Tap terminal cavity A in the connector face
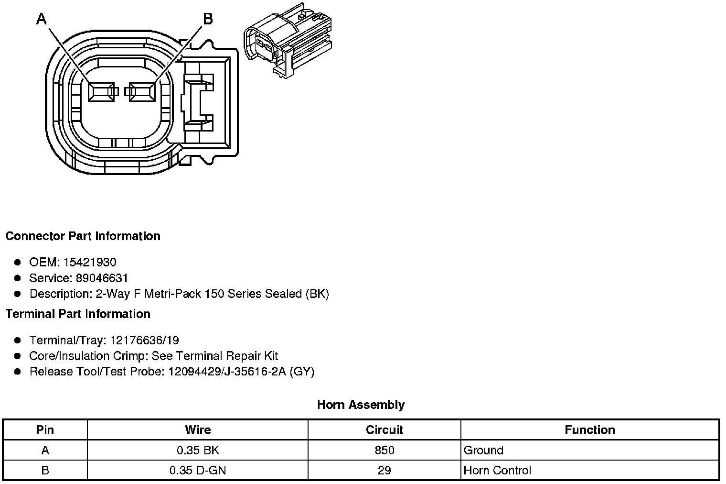(101, 92)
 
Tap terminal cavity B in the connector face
(142, 92)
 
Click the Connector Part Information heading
(83, 236)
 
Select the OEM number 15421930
(90, 262)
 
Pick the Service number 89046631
(102, 278)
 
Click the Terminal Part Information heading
(78, 314)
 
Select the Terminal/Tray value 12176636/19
(144, 340)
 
